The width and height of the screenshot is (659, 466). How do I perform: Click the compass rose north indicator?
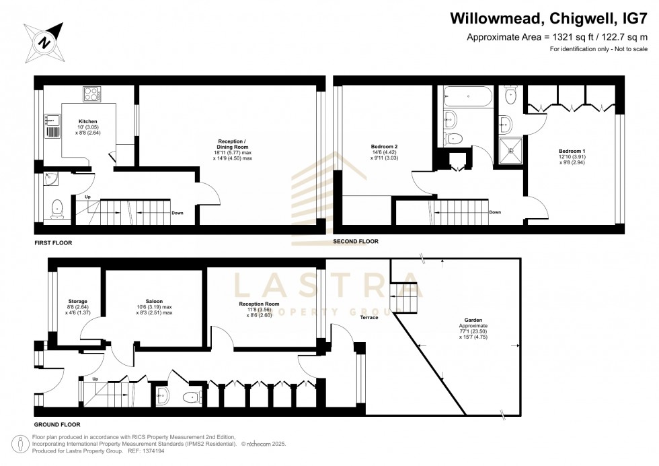click(x=44, y=42)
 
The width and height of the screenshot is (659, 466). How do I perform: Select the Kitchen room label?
click(x=88, y=122)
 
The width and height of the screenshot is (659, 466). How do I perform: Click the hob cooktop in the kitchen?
click(x=92, y=94)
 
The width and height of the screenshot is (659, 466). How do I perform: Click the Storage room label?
click(x=78, y=301)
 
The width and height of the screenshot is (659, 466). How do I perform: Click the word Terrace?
click(x=369, y=317)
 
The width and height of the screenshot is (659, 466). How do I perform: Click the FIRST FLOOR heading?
click(x=53, y=242)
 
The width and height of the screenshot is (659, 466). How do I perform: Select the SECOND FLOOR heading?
click(x=356, y=241)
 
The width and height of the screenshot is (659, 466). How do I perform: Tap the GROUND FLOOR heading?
click(x=57, y=425)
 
